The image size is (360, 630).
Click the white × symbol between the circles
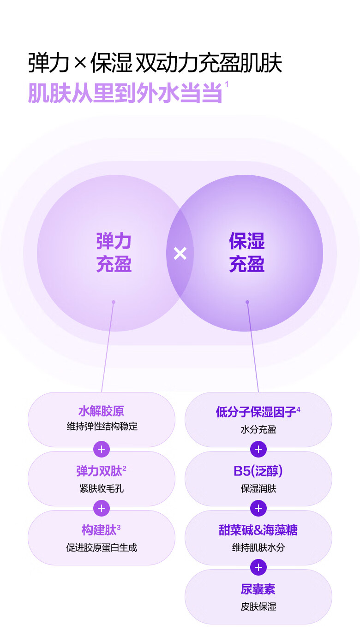click(180, 253)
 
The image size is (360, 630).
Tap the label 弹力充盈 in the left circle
click(114, 253)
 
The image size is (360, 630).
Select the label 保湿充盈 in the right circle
click(247, 253)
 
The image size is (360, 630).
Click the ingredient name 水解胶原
click(101, 411)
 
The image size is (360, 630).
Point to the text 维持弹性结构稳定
click(102, 427)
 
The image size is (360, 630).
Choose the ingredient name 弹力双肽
click(99, 471)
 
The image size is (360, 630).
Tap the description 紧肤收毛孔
click(102, 488)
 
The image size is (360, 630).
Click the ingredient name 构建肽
click(99, 530)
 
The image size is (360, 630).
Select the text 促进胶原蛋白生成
click(102, 547)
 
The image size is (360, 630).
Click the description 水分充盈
click(258, 429)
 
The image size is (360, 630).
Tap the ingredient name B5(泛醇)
click(258, 471)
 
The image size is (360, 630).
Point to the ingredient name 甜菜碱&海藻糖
click(258, 530)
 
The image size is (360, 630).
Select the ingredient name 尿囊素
click(258, 589)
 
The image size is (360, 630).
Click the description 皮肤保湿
click(258, 606)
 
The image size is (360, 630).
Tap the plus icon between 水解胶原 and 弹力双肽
click(102, 449)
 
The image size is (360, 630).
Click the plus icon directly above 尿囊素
click(258, 567)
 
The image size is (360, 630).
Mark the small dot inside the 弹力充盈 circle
click(114, 302)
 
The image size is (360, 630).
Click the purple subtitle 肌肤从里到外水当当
click(125, 93)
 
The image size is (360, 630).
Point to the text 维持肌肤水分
click(258, 547)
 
